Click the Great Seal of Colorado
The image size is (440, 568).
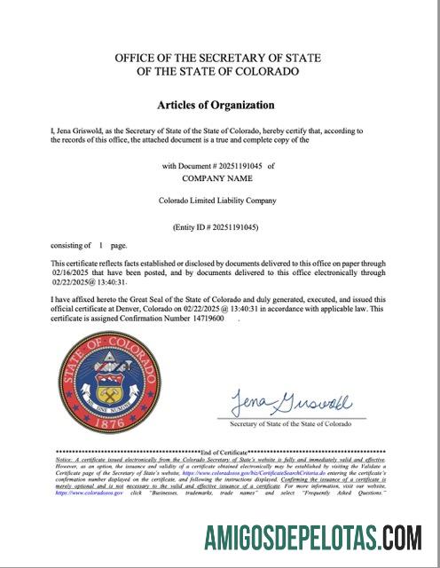click(114, 383)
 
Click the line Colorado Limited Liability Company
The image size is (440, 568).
click(217, 201)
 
